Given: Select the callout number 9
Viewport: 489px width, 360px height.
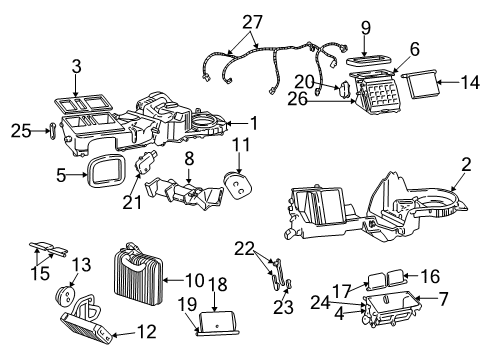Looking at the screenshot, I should (x=366, y=28).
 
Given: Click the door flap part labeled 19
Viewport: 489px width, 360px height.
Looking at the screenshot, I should (x=220, y=323).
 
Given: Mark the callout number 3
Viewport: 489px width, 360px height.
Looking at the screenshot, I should (x=75, y=66).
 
